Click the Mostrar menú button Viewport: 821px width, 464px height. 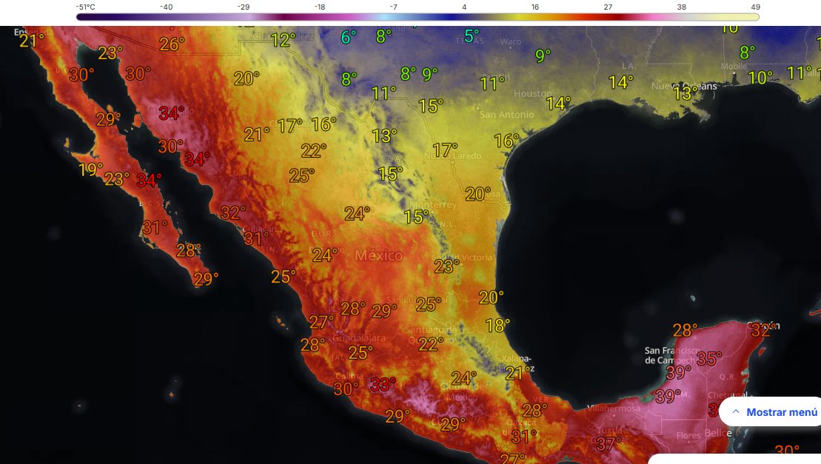pos(774,412)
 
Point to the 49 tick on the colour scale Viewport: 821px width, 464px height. pos(754,7)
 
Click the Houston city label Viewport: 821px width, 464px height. pos(533,94)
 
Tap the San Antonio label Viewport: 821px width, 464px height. pos(506,115)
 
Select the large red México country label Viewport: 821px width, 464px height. pos(378,256)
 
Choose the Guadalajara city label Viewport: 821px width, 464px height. pos(359,338)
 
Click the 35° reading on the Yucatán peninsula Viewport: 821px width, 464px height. pos(708,359)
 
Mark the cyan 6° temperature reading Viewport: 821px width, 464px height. pos(348,36)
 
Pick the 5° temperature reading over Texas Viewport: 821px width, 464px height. pos(471,35)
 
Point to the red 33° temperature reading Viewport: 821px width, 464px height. pos(382,384)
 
